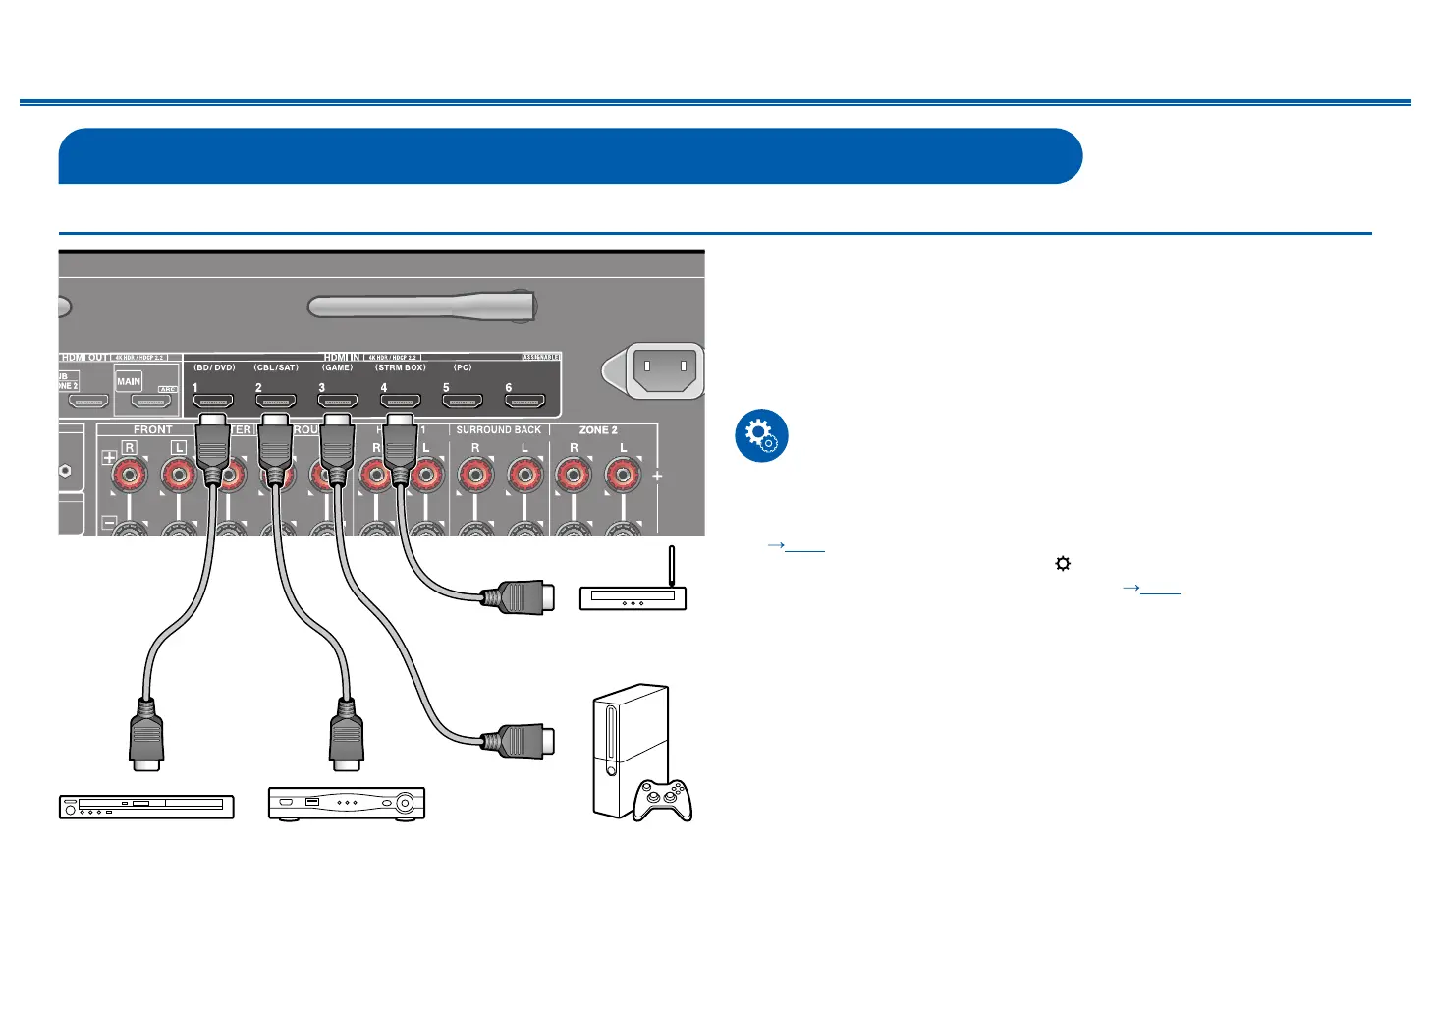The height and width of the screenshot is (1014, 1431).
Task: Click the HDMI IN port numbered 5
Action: pyautogui.click(x=462, y=401)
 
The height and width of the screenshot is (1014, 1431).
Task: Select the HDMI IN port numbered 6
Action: pyautogui.click(x=524, y=401)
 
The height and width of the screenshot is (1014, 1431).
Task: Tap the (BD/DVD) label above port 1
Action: pyautogui.click(x=214, y=367)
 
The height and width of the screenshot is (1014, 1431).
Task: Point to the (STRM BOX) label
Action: pyautogui.click(x=401, y=367)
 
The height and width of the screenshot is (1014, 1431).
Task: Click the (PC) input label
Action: pyautogui.click(x=463, y=367)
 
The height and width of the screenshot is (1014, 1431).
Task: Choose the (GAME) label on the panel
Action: pyautogui.click(x=338, y=367)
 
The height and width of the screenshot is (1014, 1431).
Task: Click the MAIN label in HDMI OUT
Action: pyautogui.click(x=130, y=381)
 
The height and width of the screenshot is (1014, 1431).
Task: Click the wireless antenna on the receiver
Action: pyautogui.click(x=422, y=306)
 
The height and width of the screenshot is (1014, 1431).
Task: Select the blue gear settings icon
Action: pyautogui.click(x=761, y=435)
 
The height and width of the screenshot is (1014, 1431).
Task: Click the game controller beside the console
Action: pyautogui.click(x=662, y=800)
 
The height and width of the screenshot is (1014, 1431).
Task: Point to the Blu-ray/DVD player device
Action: pyautogui.click(x=146, y=807)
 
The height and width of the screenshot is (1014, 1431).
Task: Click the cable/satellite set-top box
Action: pyautogui.click(x=347, y=803)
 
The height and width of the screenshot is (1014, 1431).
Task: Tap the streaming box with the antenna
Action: pyautogui.click(x=633, y=596)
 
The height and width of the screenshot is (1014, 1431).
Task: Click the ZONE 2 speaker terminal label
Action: pyautogui.click(x=598, y=430)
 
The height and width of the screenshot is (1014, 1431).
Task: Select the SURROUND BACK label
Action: pyautogui.click(x=499, y=430)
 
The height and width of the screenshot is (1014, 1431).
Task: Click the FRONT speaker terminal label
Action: pyautogui.click(x=152, y=430)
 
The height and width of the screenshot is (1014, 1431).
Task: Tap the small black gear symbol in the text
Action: pyautogui.click(x=1063, y=564)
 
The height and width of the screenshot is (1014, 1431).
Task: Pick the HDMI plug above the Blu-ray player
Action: pyautogui.click(x=146, y=735)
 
